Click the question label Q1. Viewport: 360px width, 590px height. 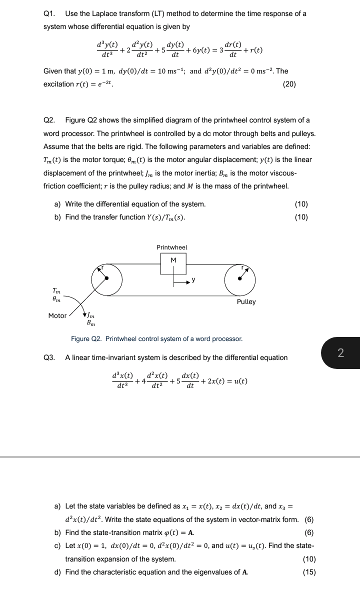pyautogui.click(x=49, y=13)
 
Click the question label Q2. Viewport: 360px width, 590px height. pyautogui.click(x=49, y=120)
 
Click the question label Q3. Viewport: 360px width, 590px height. pyautogui.click(x=49, y=357)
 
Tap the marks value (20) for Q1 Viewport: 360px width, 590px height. pyautogui.click(x=289, y=84)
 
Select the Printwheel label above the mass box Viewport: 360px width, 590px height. pyautogui.click(x=171, y=247)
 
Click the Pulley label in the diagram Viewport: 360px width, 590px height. pyautogui.click(x=246, y=302)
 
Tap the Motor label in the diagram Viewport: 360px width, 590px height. pyautogui.click(x=57, y=315)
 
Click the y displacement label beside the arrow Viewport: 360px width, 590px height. pyautogui.click(x=193, y=279)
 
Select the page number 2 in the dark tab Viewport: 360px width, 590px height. pyautogui.click(x=340, y=352)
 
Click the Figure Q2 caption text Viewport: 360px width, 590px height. pyautogui.click(x=156, y=339)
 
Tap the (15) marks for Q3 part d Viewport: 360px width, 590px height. pyautogui.click(x=309, y=572)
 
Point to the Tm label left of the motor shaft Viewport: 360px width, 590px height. pyautogui.click(x=57, y=290)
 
